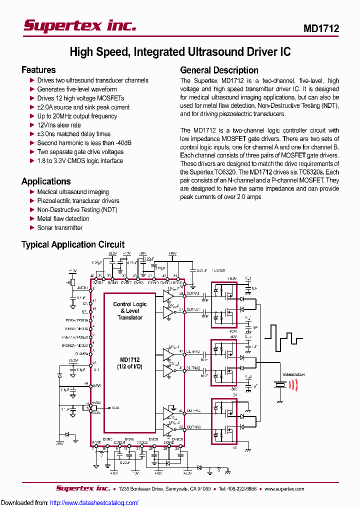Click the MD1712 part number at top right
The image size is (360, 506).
pos(321,28)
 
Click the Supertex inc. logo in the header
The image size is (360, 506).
pos(79,26)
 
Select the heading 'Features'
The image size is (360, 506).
pos(38,70)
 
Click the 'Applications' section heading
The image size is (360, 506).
pos(46,181)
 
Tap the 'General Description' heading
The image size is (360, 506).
pos(219,70)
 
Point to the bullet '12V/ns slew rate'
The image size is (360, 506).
pos(59,125)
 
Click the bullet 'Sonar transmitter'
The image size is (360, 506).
pos(59,227)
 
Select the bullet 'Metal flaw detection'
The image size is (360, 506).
pos(63,218)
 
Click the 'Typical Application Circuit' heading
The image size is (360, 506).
pos(73,244)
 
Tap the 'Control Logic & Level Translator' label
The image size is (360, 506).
pos(130,310)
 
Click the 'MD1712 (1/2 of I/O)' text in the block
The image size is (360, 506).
pos(130,363)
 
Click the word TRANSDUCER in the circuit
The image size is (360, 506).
pos(293,374)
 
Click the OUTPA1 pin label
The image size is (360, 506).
pos(193,294)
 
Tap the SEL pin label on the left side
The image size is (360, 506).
pos(85,311)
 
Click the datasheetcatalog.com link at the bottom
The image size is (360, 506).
pos(94,502)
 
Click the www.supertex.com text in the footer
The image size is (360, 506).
pos(284,488)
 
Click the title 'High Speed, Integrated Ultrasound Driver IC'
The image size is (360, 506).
pos(179,51)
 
